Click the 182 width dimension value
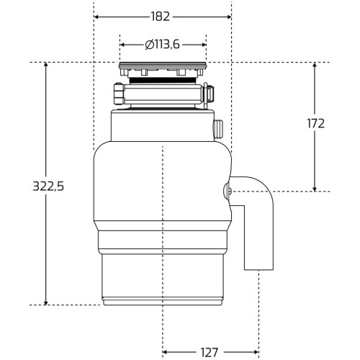pyautogui.click(x=161, y=17)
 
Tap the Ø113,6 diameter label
pyautogui.click(x=163, y=45)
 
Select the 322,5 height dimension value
pyautogui.click(x=48, y=186)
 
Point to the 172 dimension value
pyautogui.click(x=315, y=124)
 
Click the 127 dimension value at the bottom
pyautogui.click(x=209, y=353)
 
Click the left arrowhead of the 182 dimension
pyautogui.click(x=96, y=17)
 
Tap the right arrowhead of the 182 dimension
pyautogui.click(x=228, y=17)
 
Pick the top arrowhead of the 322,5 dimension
pyautogui.click(x=46, y=66)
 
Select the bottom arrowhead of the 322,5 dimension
pyautogui.click(x=46, y=302)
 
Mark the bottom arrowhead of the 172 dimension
pyautogui.click(x=315, y=189)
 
